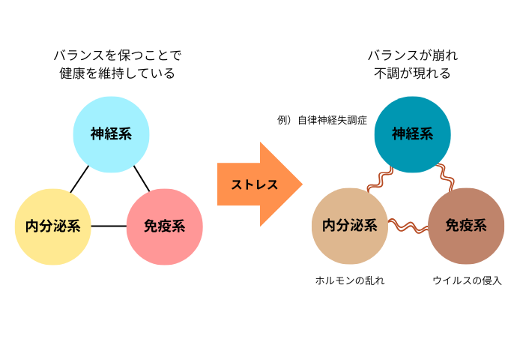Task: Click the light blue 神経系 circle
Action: tap(111, 134)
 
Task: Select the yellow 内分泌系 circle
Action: tap(53, 226)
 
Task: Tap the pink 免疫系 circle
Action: tap(165, 226)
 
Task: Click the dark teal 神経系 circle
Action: tap(413, 134)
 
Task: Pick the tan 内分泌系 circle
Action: tap(350, 226)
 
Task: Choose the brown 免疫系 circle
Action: tap(466, 226)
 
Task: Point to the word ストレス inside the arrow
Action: tap(254, 184)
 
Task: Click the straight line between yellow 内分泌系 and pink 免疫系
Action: tap(109, 226)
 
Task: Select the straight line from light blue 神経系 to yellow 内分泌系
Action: tap(79, 179)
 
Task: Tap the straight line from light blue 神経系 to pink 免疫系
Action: tap(142, 178)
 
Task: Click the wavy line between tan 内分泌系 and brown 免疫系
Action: tap(408, 226)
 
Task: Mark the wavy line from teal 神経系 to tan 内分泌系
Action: tap(381, 179)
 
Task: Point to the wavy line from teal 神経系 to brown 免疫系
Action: tap(445, 178)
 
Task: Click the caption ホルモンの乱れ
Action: tap(350, 280)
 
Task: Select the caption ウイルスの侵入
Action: tap(467, 280)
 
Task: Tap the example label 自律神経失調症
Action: tap(332, 120)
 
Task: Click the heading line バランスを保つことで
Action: tap(118, 55)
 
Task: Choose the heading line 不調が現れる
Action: tap(412, 73)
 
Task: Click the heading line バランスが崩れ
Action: tap(413, 55)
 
